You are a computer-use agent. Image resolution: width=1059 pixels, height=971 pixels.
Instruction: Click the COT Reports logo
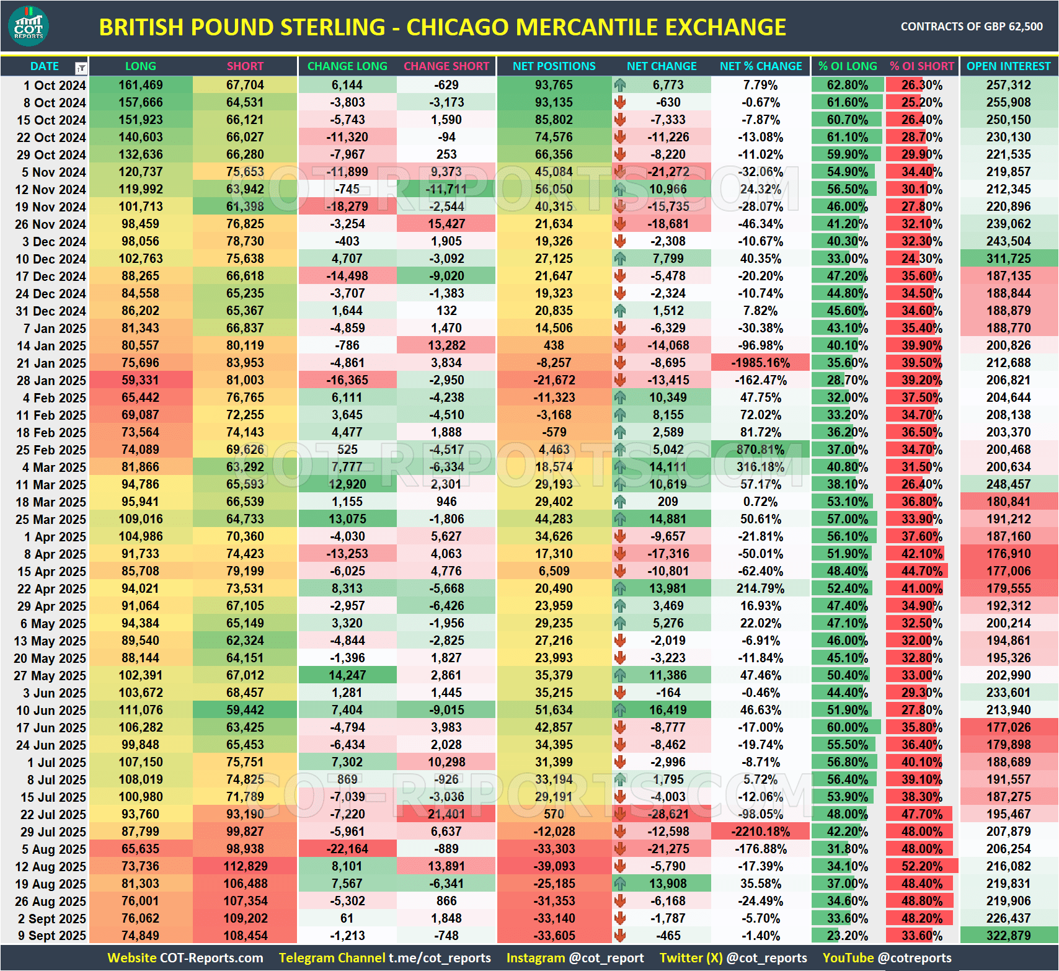[29, 26]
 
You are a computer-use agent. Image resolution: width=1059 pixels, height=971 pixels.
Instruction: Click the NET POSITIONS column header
[554, 66]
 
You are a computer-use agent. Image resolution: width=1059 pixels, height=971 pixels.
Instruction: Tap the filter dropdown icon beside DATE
[81, 68]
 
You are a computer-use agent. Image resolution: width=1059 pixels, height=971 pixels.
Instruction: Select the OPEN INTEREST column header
[1008, 66]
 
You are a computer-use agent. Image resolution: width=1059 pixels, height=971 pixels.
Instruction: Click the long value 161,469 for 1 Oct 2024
[141, 85]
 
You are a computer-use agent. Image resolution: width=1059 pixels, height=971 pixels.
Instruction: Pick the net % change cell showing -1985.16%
[760, 363]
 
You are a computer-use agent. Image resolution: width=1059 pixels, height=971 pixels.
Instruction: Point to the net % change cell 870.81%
[760, 450]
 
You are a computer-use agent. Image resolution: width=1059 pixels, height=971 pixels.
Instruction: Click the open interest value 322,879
[1008, 936]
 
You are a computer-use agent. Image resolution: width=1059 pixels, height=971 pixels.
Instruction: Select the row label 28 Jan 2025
[51, 380]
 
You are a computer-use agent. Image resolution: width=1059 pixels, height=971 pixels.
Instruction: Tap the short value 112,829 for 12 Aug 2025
[245, 866]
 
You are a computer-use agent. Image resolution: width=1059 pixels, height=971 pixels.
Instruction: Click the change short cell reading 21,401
[446, 814]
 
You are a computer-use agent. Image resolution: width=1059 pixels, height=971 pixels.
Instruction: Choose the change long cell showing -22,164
[347, 849]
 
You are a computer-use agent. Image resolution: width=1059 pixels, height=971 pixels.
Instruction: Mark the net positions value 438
[554, 345]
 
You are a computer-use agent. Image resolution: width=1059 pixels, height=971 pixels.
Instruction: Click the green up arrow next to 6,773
[620, 85]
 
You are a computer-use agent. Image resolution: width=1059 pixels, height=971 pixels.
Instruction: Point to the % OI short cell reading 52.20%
[921, 866]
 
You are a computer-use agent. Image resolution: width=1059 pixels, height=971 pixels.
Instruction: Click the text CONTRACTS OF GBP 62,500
[971, 27]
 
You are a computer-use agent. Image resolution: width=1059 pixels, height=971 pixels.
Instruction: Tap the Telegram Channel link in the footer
[384, 958]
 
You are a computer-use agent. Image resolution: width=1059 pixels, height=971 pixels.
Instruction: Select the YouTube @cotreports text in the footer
[887, 958]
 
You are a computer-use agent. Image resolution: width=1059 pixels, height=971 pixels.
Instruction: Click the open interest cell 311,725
[1008, 259]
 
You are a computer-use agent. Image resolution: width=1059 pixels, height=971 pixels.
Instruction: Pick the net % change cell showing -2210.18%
[760, 831]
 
